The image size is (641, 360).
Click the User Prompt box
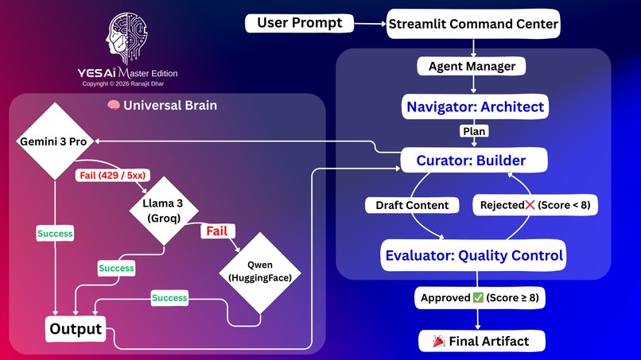300,23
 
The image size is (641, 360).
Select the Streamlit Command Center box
474,24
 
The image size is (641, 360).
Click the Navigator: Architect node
476,106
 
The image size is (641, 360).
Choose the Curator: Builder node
471,161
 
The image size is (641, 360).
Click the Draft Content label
412,205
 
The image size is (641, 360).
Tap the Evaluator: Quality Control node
475,255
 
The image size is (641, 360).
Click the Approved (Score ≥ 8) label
477,299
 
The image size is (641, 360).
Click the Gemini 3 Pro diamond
54,141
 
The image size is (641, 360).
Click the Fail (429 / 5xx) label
110,174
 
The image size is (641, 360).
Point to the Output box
76,329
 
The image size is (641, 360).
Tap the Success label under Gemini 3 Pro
54,234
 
